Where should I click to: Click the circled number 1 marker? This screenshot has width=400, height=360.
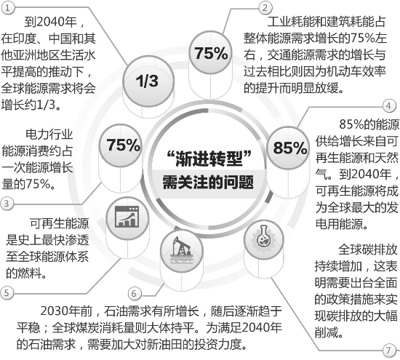(x=8, y=8)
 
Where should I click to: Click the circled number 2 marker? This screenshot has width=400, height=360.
(x=265, y=7)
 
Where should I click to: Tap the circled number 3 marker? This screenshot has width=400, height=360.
(x=7, y=204)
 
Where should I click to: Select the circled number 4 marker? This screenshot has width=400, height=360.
(x=389, y=105)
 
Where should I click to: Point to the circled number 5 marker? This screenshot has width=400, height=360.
(x=7, y=292)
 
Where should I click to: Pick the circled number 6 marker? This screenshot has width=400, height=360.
(x=135, y=293)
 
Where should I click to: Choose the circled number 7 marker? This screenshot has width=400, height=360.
(x=390, y=350)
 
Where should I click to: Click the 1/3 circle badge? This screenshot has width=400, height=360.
(x=148, y=81)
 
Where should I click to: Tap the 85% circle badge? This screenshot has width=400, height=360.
(x=289, y=148)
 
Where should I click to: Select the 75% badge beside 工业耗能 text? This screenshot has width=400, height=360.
(x=210, y=52)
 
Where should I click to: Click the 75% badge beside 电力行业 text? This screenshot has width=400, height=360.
(x=121, y=145)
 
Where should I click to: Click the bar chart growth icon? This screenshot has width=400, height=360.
(x=127, y=217)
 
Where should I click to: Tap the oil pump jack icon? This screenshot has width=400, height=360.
(x=182, y=251)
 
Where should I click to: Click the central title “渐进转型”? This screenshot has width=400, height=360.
(x=209, y=159)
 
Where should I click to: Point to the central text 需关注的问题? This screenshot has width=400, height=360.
(x=209, y=182)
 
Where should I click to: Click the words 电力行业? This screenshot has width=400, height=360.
(x=49, y=135)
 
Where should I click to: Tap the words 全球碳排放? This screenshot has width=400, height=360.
(x=367, y=249)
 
